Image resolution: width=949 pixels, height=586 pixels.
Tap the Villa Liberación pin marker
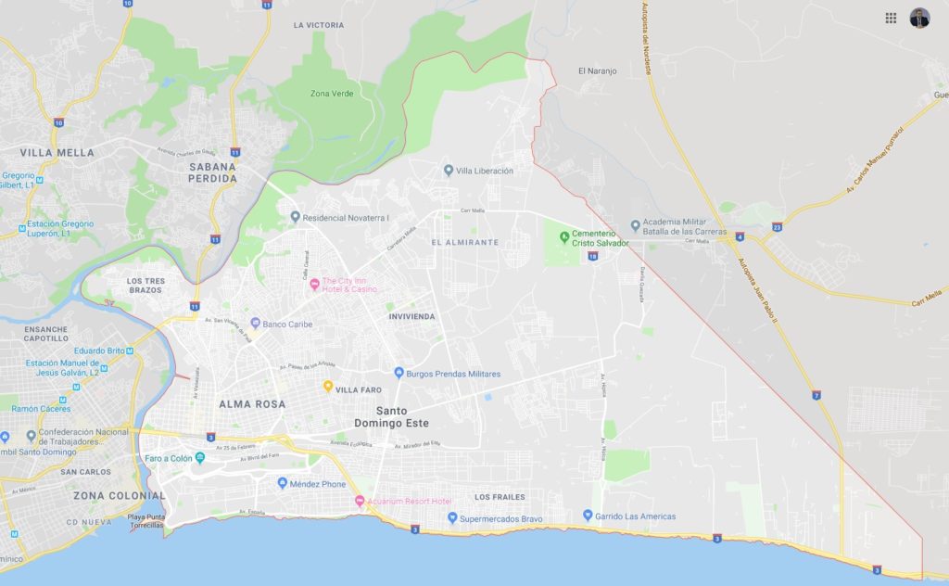click(449, 170)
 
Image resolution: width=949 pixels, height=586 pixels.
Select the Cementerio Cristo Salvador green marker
click(564, 233)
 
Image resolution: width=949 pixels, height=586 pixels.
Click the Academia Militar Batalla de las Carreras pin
click(636, 224)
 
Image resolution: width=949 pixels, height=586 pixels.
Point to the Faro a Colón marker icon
click(200, 458)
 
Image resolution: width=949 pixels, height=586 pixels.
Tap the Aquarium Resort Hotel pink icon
click(361, 502)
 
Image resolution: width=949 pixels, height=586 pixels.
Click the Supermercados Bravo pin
click(453, 518)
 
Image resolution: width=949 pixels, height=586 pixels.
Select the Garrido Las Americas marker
click(588, 516)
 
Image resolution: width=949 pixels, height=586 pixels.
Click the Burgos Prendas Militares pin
click(399, 374)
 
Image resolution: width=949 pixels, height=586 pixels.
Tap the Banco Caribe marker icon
click(255, 324)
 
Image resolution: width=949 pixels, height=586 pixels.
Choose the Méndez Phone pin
click(283, 483)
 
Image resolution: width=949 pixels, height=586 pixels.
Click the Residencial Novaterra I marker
click(295, 217)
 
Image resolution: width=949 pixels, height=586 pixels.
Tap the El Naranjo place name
click(596, 70)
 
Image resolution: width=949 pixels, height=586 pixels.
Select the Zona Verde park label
click(332, 93)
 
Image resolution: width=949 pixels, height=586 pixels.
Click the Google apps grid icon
click(891, 18)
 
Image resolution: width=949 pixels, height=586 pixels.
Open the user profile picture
click(919, 18)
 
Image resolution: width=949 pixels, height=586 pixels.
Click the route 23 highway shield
click(777, 226)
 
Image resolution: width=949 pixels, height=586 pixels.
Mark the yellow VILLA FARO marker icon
click(327, 386)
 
